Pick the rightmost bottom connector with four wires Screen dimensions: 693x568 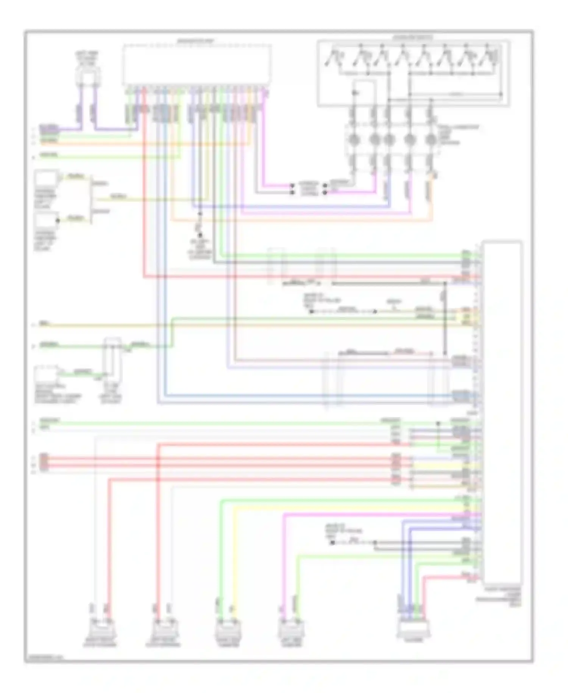click(414, 627)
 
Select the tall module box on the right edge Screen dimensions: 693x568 click(502, 411)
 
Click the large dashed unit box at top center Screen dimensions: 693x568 click(197, 64)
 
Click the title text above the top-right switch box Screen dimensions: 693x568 click(413, 38)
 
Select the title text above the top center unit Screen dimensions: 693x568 click(196, 41)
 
